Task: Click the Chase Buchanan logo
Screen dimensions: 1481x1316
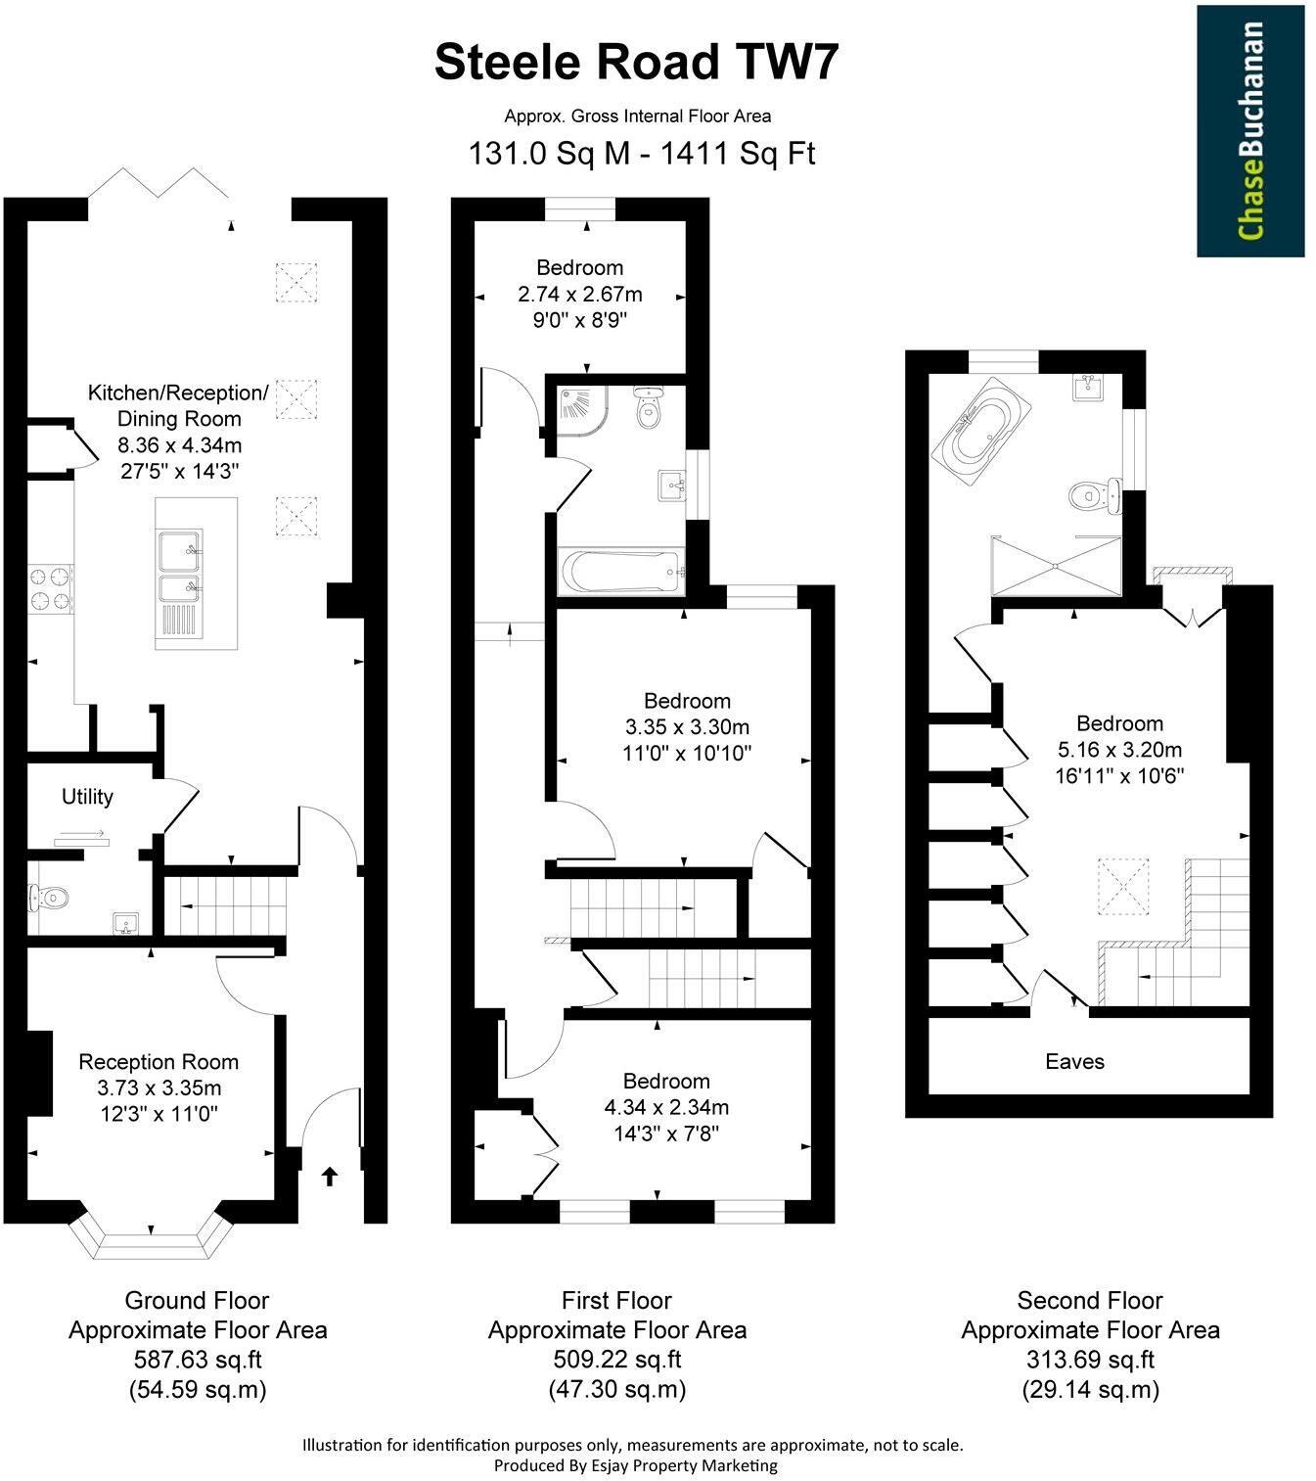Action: coord(1250,130)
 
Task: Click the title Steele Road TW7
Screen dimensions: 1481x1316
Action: coord(637,63)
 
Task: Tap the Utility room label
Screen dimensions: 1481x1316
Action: coord(87,797)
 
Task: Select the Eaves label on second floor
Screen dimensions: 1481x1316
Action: coord(1074,1061)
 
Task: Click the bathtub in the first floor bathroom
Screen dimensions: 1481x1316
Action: coord(619,572)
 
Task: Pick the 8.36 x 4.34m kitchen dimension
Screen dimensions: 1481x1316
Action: coord(178,444)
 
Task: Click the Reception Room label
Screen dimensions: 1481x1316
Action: coord(159,1062)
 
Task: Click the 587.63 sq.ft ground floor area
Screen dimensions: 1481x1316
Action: coord(198,1360)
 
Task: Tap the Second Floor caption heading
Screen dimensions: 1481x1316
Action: coord(1090,1301)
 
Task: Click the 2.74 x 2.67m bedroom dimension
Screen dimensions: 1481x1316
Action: coord(579,294)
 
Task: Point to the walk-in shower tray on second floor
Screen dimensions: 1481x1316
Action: coord(1057,565)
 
